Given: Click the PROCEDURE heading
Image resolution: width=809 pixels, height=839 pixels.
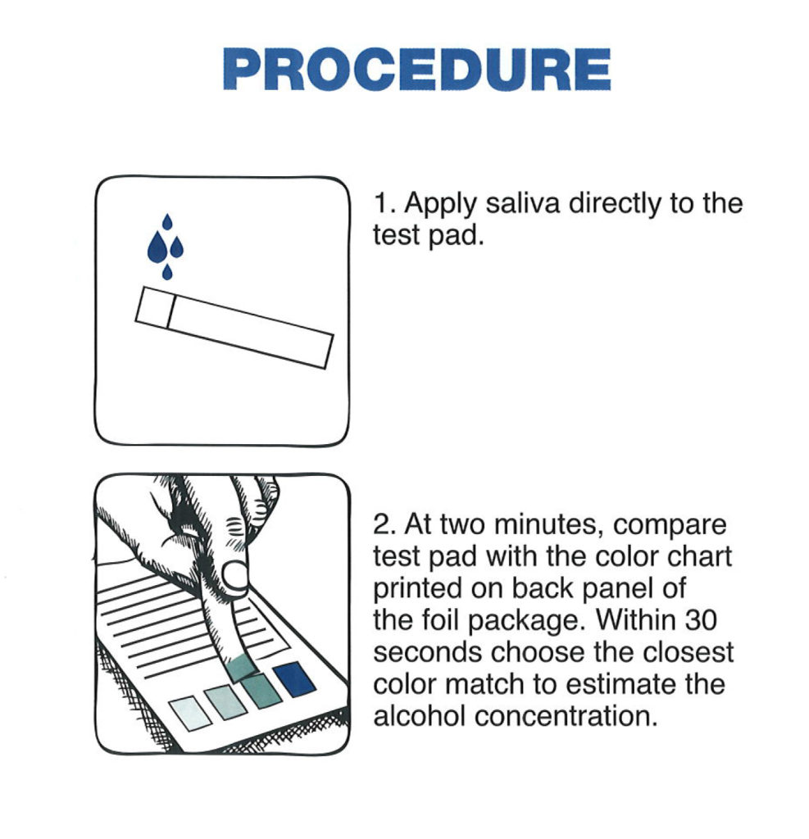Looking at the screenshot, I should tap(416, 70).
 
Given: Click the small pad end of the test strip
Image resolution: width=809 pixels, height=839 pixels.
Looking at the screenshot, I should tap(152, 308).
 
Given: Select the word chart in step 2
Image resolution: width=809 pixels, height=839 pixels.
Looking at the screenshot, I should tap(697, 556).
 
